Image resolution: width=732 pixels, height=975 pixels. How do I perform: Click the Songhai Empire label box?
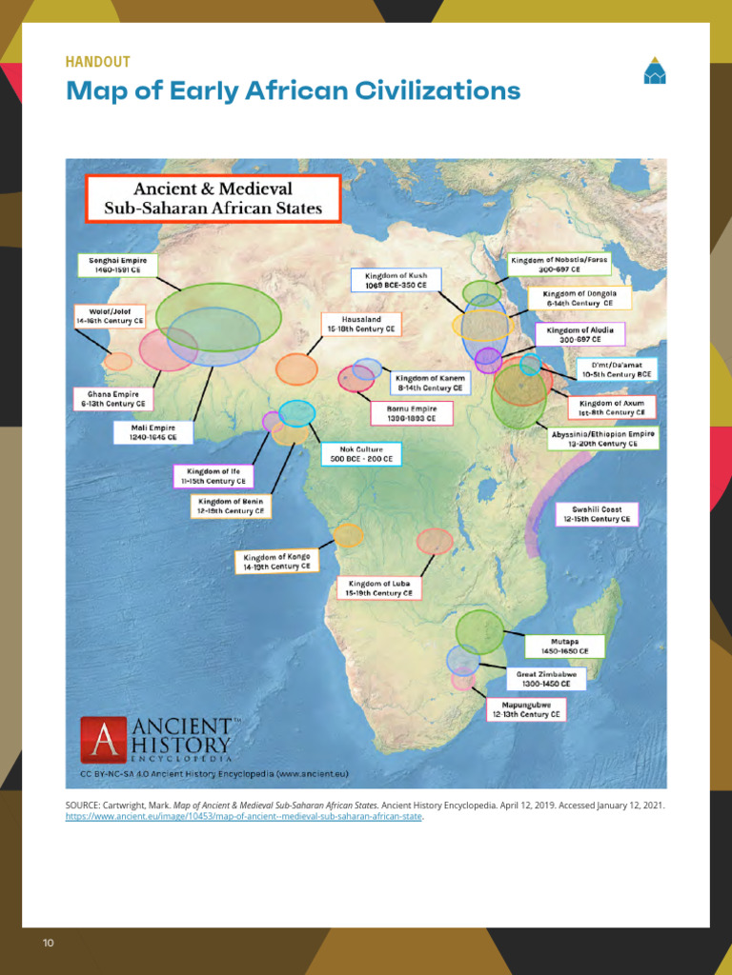tap(117, 265)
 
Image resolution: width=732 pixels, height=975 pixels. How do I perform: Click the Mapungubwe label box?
tap(525, 709)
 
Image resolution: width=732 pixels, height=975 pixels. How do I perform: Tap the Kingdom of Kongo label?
tap(276, 562)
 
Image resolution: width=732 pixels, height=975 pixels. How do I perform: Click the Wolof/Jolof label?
tap(110, 316)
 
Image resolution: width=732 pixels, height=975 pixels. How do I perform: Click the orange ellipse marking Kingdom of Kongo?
tap(348, 535)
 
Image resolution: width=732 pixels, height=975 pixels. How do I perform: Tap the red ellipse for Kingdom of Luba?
tap(435, 541)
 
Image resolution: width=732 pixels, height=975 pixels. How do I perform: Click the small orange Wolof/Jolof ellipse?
tap(118, 362)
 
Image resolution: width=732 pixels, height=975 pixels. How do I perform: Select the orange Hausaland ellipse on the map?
tap(296, 368)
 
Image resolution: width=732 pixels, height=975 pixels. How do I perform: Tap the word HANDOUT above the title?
tap(97, 62)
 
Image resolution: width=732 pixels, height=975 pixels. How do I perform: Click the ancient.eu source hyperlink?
tap(244, 816)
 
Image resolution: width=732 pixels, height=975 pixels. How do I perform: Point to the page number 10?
tap(48, 943)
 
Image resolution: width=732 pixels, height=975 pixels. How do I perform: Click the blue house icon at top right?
tap(654, 71)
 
